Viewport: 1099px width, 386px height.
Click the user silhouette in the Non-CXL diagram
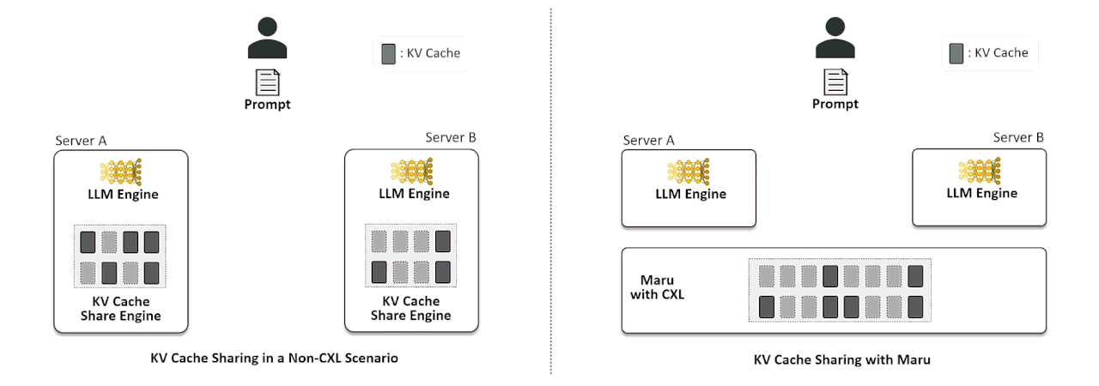click(x=267, y=39)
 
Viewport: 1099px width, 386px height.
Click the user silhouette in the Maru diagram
click(x=835, y=39)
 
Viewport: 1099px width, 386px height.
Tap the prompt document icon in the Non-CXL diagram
click(x=267, y=82)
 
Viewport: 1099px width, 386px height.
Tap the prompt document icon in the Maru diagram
click(x=835, y=81)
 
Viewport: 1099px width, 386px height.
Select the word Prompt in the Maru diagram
click(x=835, y=104)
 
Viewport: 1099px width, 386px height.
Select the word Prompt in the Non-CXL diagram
click(x=267, y=105)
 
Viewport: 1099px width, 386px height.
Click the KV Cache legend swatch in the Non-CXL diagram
click(x=388, y=53)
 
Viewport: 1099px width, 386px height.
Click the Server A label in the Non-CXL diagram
click(x=81, y=141)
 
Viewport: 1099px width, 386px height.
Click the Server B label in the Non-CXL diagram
click(x=451, y=137)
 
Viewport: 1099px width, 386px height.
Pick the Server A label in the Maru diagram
click(x=648, y=140)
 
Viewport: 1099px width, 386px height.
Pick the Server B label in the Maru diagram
click(x=1018, y=137)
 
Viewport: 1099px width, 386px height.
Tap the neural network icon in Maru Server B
click(x=980, y=171)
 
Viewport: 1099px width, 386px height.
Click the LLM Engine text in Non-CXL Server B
click(x=414, y=194)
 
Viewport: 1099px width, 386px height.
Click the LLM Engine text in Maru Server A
click(x=690, y=194)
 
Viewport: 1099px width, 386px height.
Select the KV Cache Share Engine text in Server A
click(x=120, y=309)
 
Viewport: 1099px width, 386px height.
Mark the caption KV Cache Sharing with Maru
click(x=841, y=360)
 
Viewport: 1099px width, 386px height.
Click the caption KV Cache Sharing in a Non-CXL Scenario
click(x=274, y=359)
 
